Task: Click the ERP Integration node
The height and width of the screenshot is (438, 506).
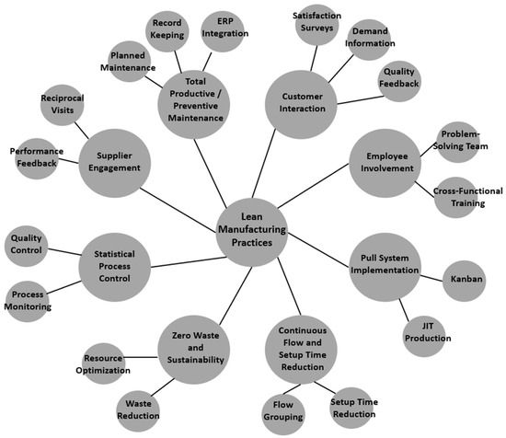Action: point(224,27)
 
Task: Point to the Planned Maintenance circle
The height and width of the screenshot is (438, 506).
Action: point(129,63)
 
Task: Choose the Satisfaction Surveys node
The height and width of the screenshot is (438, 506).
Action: point(316,23)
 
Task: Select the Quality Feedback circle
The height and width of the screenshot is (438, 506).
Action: point(400,83)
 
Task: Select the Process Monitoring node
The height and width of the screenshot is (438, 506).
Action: point(29,299)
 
